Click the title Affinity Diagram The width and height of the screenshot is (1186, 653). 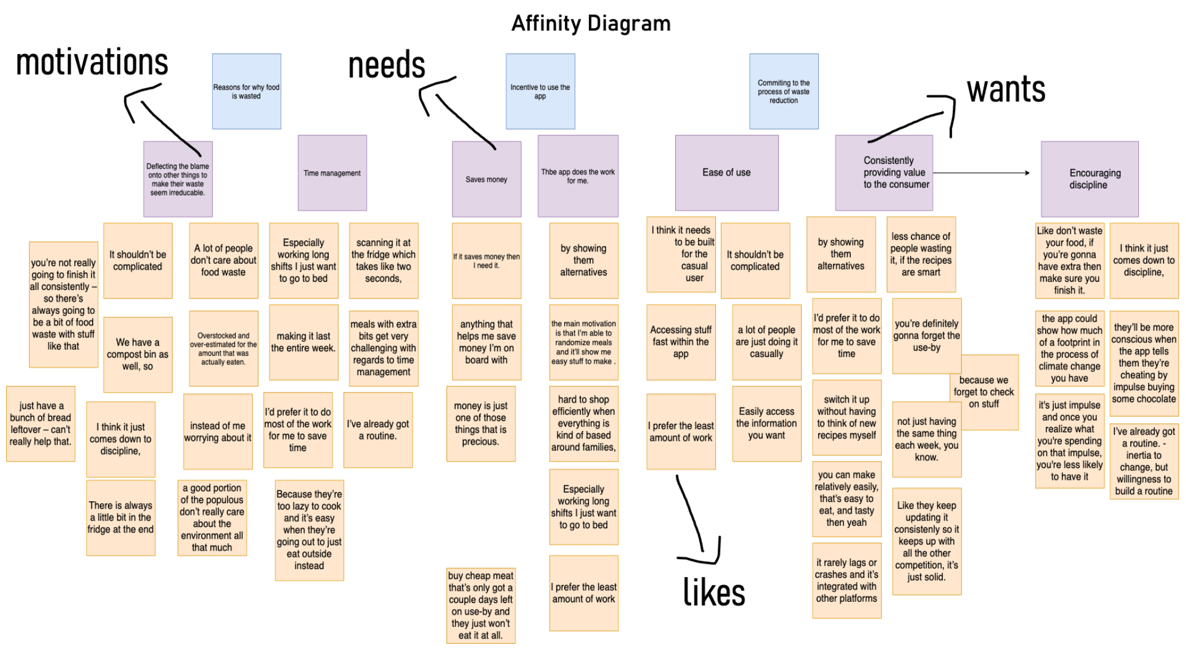[591, 24]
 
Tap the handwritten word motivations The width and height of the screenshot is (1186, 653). [92, 63]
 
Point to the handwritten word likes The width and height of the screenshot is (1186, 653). [714, 593]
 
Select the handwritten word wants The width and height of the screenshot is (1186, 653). [1006, 90]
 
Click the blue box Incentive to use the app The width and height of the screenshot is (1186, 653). [540, 91]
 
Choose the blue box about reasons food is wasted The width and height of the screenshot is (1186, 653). [247, 91]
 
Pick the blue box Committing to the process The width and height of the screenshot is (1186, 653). [784, 91]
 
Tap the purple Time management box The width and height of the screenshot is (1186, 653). [332, 173]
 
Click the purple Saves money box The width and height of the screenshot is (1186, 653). [486, 179]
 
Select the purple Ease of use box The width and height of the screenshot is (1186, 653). [726, 172]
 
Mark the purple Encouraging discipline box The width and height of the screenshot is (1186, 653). [1089, 179]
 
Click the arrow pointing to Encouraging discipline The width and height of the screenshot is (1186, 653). [983, 172]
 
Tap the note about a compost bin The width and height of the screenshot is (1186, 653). [138, 354]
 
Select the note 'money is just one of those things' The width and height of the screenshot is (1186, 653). [481, 424]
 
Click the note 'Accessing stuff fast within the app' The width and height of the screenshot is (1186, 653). [681, 342]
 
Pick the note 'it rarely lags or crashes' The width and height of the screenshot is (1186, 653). [846, 580]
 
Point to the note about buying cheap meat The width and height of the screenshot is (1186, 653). [481, 605]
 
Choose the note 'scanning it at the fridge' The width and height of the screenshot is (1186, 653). [383, 260]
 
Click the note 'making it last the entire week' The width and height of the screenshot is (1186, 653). [303, 342]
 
